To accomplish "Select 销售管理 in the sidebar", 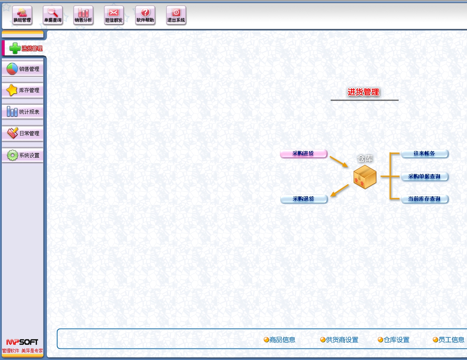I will click(x=23, y=69).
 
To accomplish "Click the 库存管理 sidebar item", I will click(x=23, y=90).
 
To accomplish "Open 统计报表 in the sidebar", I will click(x=23, y=112).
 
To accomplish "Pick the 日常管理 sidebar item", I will click(x=23, y=134).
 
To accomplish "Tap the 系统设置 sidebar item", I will click(x=23, y=156).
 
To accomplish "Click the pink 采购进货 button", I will click(x=303, y=154).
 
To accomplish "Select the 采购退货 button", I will click(x=304, y=199).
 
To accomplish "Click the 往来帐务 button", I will click(x=425, y=154).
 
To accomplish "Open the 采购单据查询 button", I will click(x=425, y=176).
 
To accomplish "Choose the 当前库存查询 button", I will click(x=425, y=199).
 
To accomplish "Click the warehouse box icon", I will click(x=365, y=177).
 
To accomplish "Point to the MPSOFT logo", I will click(x=22, y=342).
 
